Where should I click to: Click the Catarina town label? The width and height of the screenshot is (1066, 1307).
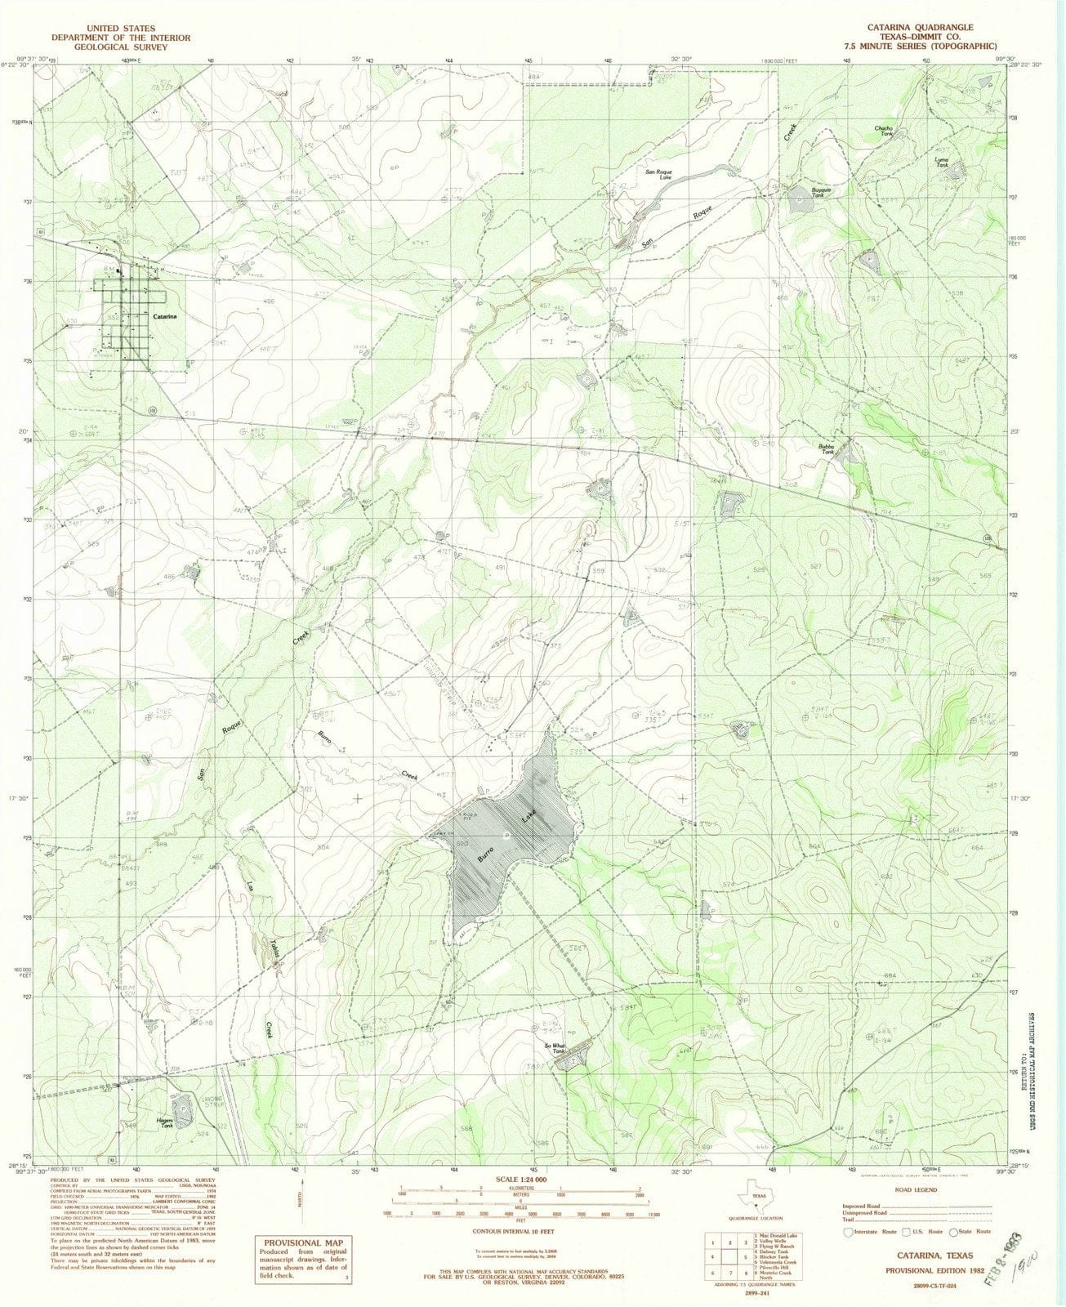pyautogui.click(x=167, y=315)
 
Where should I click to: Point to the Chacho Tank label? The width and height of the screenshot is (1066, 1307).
pyautogui.click(x=883, y=131)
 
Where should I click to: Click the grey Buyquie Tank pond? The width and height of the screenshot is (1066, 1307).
pyautogui.click(x=796, y=197)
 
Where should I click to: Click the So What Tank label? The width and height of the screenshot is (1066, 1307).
pyautogui.click(x=555, y=1048)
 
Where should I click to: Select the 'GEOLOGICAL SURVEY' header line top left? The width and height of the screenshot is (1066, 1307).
pyautogui.click(x=120, y=47)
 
